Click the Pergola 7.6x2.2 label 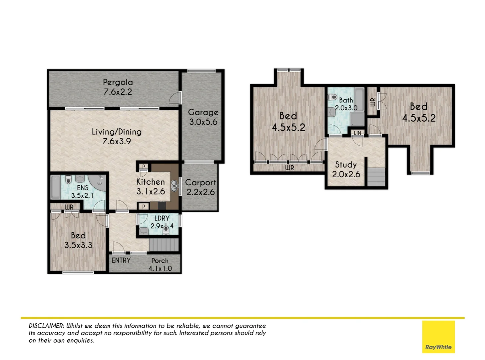pyautogui.click(x=118, y=87)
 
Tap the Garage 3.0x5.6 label pyautogui.click(x=203, y=117)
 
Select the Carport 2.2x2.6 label pyautogui.click(x=201, y=187)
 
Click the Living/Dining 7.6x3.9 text pyautogui.click(x=117, y=136)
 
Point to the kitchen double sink pyautogui.click(x=174, y=186)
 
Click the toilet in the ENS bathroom pyautogui.click(x=68, y=180)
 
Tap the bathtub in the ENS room pyautogui.click(x=56, y=187)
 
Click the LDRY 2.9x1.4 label pyautogui.click(x=162, y=222)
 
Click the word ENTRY pyautogui.click(x=121, y=260)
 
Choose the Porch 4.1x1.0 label pyautogui.click(x=160, y=264)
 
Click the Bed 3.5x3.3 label pyautogui.click(x=78, y=240)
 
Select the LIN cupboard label pyautogui.click(x=357, y=133)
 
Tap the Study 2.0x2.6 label pyautogui.click(x=346, y=169)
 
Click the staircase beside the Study pyautogui.click(x=376, y=177)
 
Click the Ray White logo pyautogui.click(x=438, y=337)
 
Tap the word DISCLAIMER pyautogui.click(x=46, y=326)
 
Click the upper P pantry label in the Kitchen pyautogui.click(x=144, y=166)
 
